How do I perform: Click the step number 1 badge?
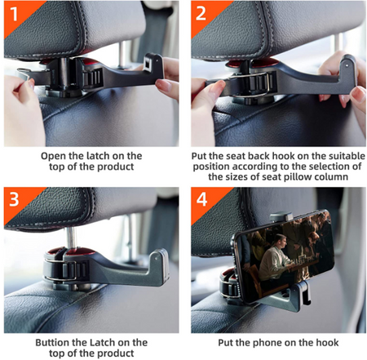tap(14, 14)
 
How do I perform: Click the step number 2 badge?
tap(201, 14)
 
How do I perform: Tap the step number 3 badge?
tap(14, 199)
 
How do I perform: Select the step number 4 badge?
tap(201, 199)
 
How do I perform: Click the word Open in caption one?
tap(53, 156)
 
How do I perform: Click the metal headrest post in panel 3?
tap(71, 238)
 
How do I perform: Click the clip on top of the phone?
tap(281, 216)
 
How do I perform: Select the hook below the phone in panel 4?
tap(304, 293)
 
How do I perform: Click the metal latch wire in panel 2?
tap(251, 84)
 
